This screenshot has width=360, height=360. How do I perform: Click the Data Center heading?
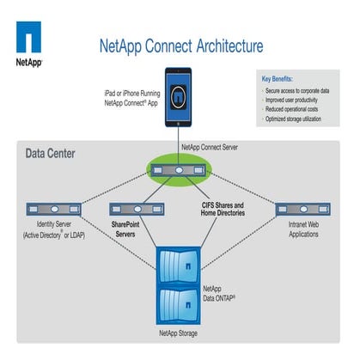pos(51,155)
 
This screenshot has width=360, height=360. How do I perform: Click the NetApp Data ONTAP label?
pos(220,294)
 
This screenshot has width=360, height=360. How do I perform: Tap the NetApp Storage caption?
pos(180,332)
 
